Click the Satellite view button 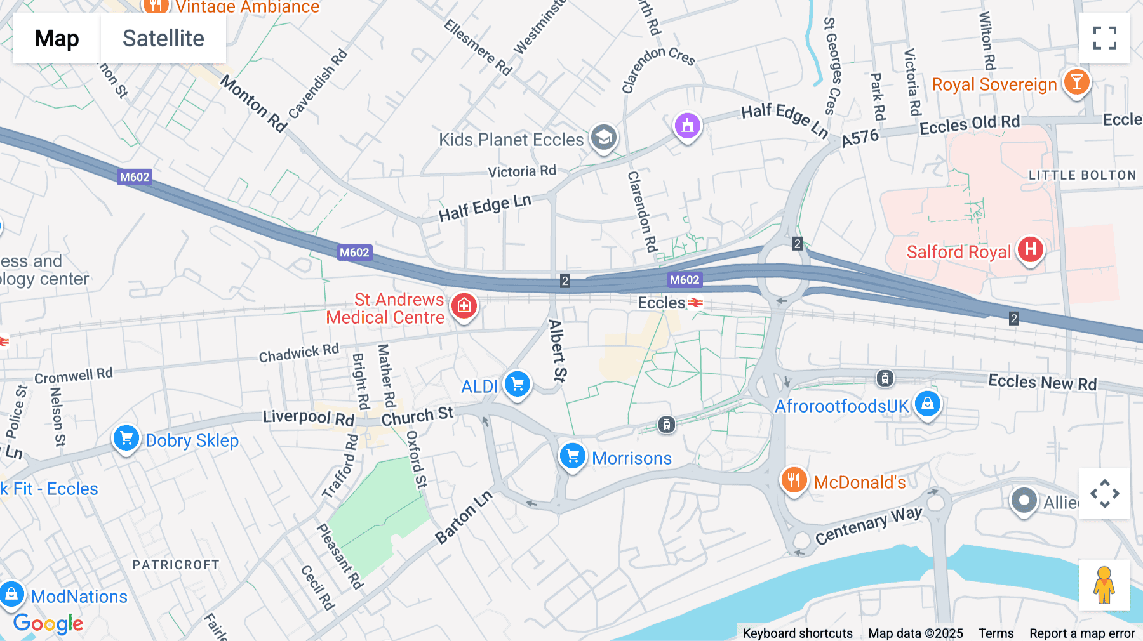[x=163, y=38]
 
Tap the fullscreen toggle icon [x=1104, y=38]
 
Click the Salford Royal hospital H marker [x=1030, y=249]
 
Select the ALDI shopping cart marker [x=518, y=384]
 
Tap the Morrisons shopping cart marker [x=572, y=456]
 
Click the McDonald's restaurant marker [x=794, y=480]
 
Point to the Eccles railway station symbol [x=696, y=303]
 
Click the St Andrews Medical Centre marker [x=464, y=306]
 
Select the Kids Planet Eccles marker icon [x=603, y=137]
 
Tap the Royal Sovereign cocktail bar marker [x=1076, y=82]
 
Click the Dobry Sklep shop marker [x=126, y=438]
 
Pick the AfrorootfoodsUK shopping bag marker [x=927, y=404]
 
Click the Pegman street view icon [x=1104, y=585]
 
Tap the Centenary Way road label [x=868, y=525]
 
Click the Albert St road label [x=557, y=350]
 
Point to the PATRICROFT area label [x=175, y=565]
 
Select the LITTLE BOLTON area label [x=1082, y=175]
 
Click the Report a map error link [x=1082, y=633]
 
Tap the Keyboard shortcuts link [x=798, y=633]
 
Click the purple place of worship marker [x=687, y=126]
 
